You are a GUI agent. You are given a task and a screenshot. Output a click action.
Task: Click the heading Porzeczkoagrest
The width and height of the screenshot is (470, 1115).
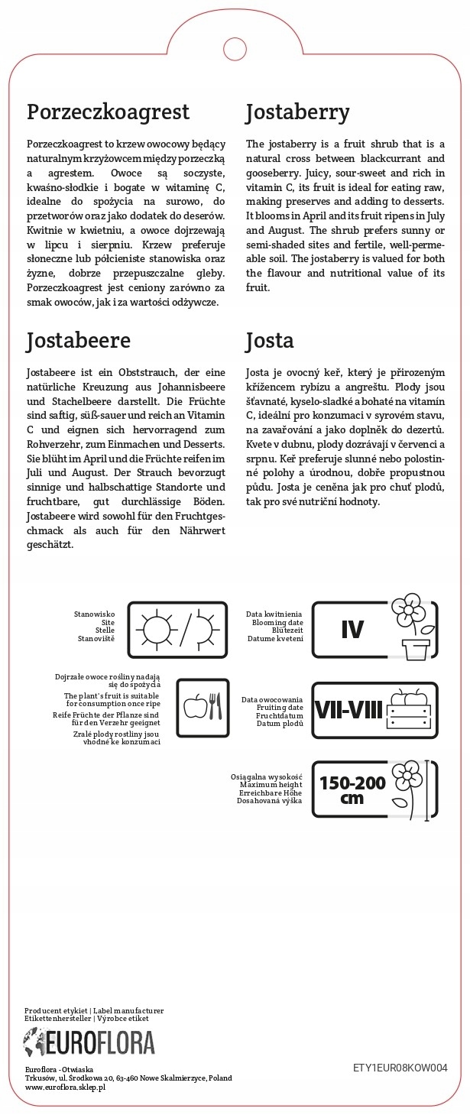point(108,113)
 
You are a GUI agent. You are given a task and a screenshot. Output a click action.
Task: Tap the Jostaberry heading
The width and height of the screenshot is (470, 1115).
point(297,113)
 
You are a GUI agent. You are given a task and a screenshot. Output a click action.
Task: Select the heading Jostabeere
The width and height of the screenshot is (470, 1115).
point(79,340)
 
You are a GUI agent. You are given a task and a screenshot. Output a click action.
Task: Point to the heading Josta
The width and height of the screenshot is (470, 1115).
point(270,340)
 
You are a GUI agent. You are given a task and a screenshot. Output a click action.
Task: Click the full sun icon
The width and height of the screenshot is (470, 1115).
point(157,630)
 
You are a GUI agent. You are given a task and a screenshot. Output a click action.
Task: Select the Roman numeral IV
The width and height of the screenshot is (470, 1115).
point(352,630)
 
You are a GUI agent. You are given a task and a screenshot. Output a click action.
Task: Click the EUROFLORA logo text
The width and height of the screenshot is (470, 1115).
point(99,1044)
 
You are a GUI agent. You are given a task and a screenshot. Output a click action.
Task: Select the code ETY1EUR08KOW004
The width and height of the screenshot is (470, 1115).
point(400,1068)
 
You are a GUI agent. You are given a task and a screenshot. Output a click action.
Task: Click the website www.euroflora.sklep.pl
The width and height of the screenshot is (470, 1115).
point(65,1087)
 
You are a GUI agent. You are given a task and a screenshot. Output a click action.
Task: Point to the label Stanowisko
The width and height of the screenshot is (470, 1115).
point(94,614)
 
